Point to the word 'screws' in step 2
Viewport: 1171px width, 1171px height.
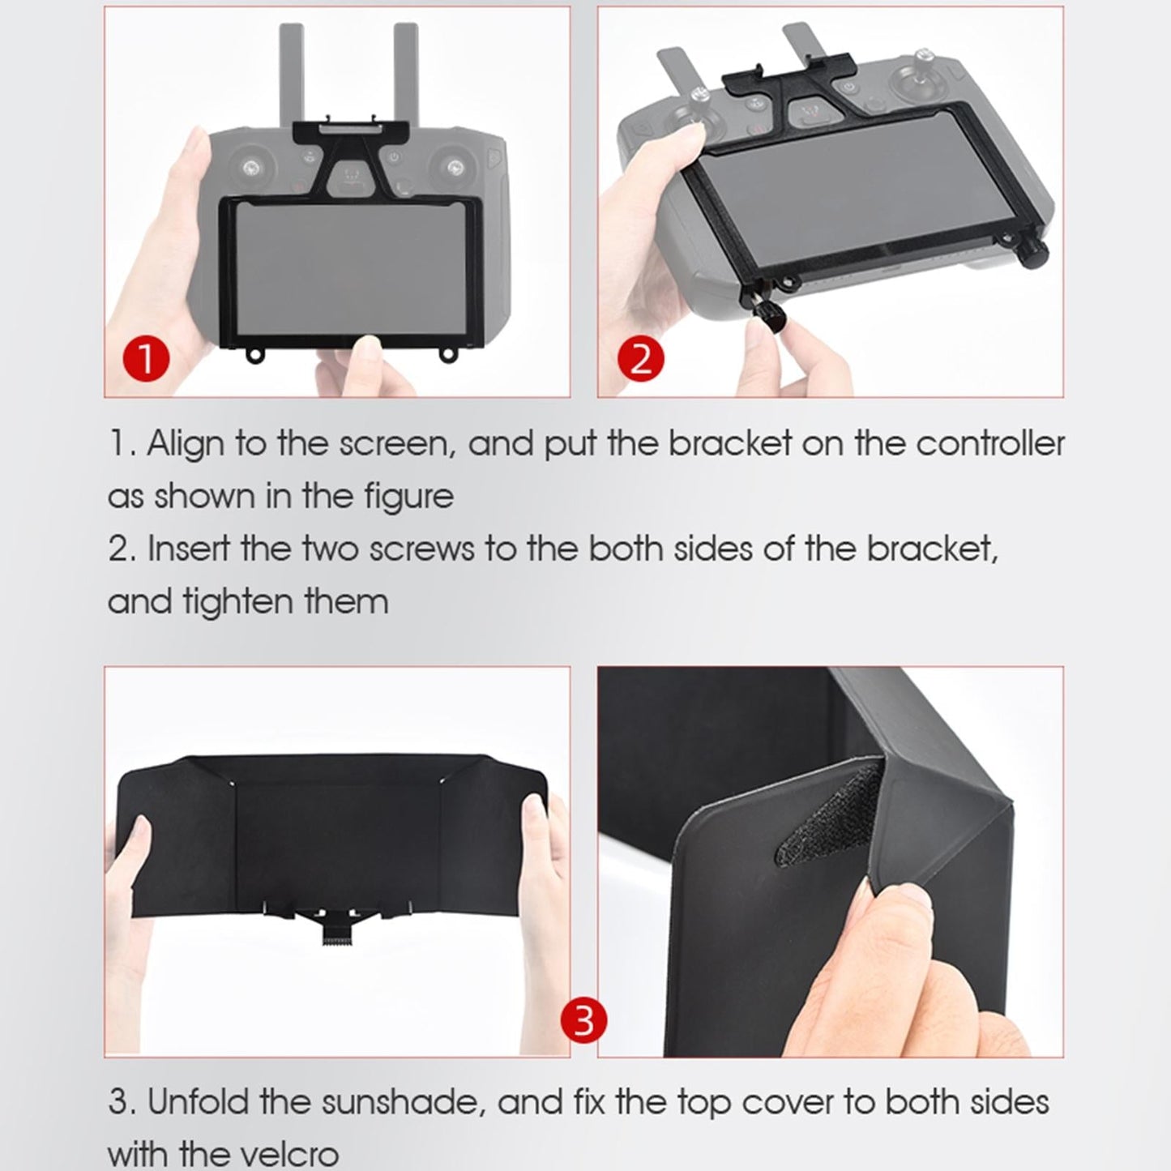tap(421, 549)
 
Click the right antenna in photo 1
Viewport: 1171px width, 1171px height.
tap(404, 73)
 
